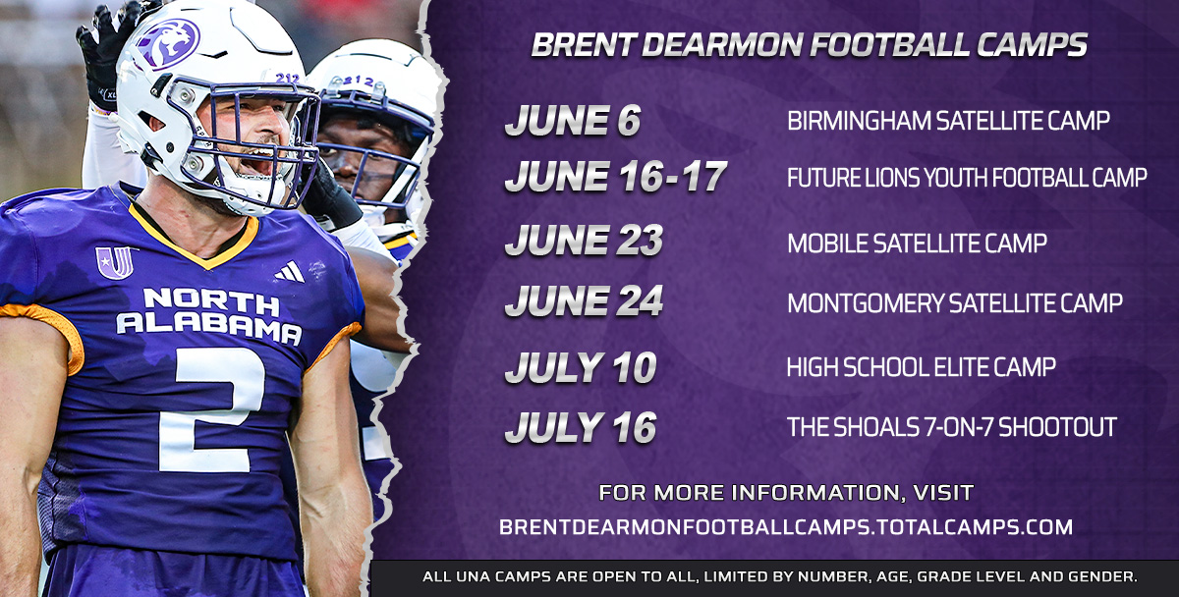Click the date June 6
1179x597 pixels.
tap(573, 121)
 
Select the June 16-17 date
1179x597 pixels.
tap(616, 178)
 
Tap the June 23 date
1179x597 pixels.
tap(584, 242)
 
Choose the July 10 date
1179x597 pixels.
tap(580, 367)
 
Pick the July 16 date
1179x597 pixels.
tap(580, 428)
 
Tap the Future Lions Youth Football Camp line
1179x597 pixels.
tap(967, 178)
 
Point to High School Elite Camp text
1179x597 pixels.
tap(921, 367)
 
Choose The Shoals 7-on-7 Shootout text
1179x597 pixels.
tap(951, 428)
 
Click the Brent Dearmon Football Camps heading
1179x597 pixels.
tap(809, 44)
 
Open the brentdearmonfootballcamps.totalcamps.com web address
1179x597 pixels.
tap(785, 527)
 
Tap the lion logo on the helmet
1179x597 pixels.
tap(167, 42)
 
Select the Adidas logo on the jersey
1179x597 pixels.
tap(291, 272)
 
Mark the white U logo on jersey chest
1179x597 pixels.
tap(115, 262)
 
